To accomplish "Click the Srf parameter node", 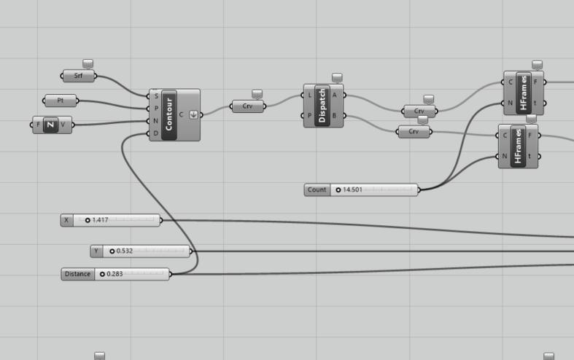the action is click(78, 76).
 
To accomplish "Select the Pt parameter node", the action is click(61, 101).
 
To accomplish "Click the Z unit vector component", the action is click(50, 125).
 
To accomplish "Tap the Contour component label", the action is click(169, 114).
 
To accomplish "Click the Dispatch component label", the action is click(323, 106).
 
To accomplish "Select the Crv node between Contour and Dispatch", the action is click(248, 106).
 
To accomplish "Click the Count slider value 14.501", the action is click(353, 190).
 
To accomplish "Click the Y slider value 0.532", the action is click(124, 251).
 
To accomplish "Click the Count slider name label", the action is click(317, 190).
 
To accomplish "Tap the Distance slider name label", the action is click(77, 274).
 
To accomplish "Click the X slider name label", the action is click(67, 220).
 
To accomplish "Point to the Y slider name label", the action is click(96, 251).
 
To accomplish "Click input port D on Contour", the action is click(155, 133).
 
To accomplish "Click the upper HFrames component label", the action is click(523, 93).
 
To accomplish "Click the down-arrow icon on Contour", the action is click(193, 114).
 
